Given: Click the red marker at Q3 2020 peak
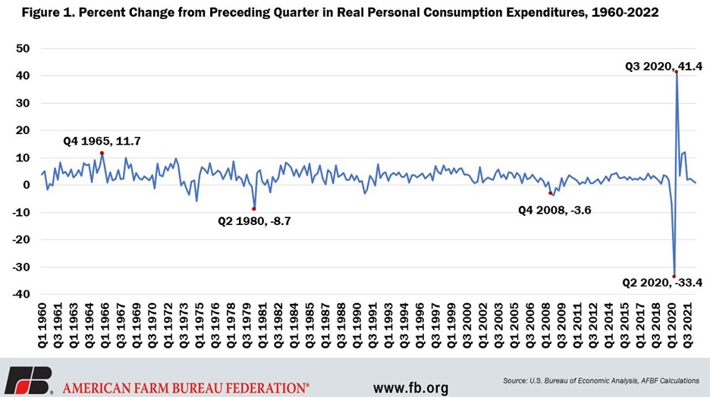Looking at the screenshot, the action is [676, 71].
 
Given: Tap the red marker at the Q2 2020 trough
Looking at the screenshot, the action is [674, 277].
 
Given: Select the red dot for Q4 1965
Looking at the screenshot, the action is [102, 153].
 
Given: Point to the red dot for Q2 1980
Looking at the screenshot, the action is [254, 209].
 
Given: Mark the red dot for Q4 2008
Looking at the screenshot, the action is [551, 193].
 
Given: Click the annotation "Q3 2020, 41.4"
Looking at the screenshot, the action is [664, 67].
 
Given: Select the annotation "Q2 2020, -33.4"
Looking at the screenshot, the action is [662, 283].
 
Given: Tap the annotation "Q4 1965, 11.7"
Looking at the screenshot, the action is [102, 141].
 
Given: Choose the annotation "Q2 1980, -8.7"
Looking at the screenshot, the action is [254, 221].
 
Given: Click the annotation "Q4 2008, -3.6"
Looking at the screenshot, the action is [554, 210].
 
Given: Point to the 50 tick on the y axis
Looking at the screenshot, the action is [23, 48].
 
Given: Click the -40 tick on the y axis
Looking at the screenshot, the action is [20, 294].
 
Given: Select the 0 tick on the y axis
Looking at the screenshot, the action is [27, 185].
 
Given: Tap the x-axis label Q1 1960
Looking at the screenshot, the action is [42, 325].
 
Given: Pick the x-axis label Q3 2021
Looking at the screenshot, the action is [688, 325].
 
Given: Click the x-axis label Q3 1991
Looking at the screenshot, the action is [373, 325].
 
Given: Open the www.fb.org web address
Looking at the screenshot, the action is [410, 387].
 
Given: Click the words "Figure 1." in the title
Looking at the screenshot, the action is [48, 13].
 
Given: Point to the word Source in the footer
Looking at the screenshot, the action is [514, 381].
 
